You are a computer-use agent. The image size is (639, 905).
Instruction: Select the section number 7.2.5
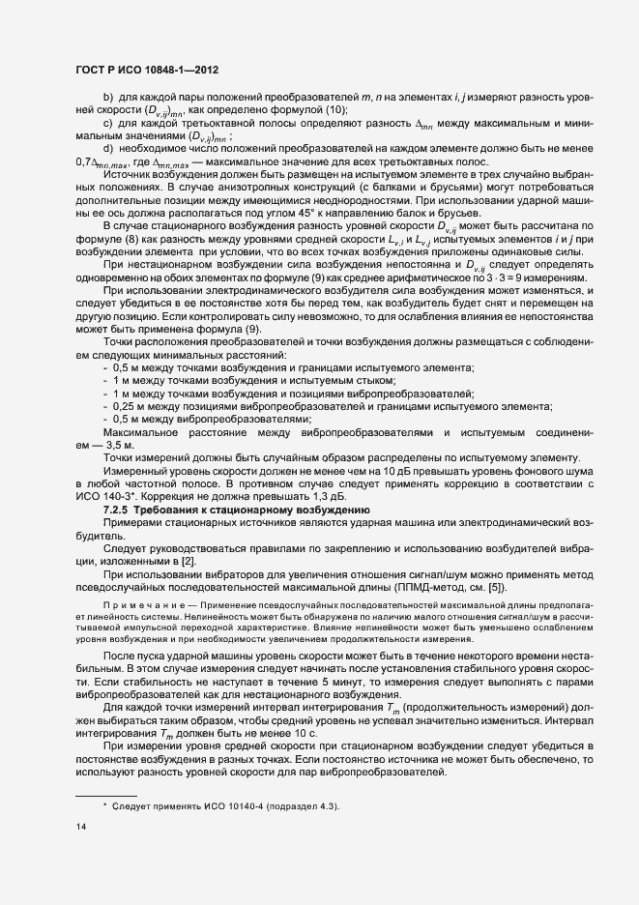click(120, 508)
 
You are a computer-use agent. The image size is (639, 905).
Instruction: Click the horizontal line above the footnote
click(105, 794)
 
